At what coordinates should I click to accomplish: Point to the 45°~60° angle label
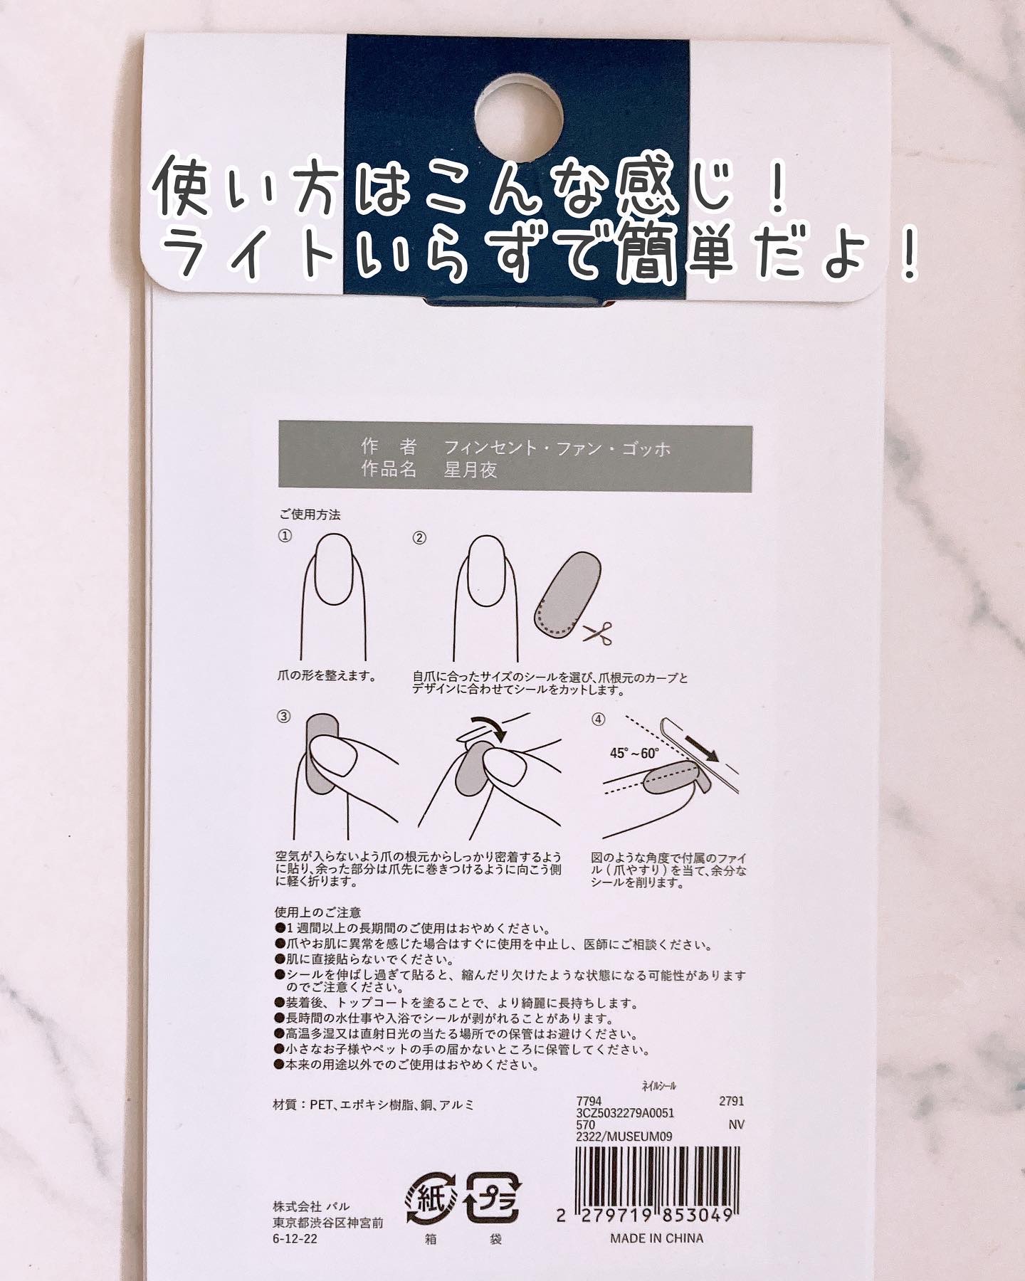coord(635,754)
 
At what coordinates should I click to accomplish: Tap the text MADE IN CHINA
coord(656,1238)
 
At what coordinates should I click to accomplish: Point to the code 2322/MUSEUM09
coord(624,1137)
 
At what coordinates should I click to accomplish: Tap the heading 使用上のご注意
coord(317,912)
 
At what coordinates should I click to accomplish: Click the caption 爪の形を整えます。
coord(327,675)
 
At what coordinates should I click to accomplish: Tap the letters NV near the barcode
coord(737,1124)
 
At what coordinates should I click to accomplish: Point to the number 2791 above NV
coord(732,1101)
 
